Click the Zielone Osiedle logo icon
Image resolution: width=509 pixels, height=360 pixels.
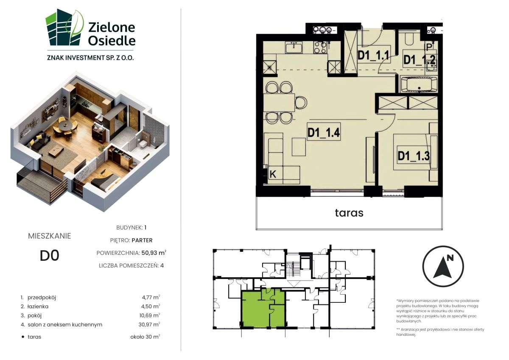click(x=64, y=28)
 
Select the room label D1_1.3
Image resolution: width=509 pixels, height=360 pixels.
click(x=414, y=156)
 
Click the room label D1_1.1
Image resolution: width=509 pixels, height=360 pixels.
click(x=373, y=55)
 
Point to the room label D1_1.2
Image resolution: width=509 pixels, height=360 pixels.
click(x=419, y=60)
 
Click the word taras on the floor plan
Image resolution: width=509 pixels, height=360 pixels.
click(x=349, y=212)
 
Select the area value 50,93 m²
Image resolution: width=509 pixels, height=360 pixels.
click(x=154, y=253)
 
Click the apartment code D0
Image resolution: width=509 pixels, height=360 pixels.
click(x=49, y=256)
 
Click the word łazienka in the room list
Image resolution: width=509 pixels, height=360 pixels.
click(x=38, y=306)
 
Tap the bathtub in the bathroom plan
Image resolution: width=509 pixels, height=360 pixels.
click(x=419, y=84)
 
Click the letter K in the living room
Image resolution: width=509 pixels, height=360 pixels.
click(x=274, y=173)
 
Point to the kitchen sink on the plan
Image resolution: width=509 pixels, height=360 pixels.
click(x=294, y=47)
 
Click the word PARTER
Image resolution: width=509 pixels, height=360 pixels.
click(x=142, y=240)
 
